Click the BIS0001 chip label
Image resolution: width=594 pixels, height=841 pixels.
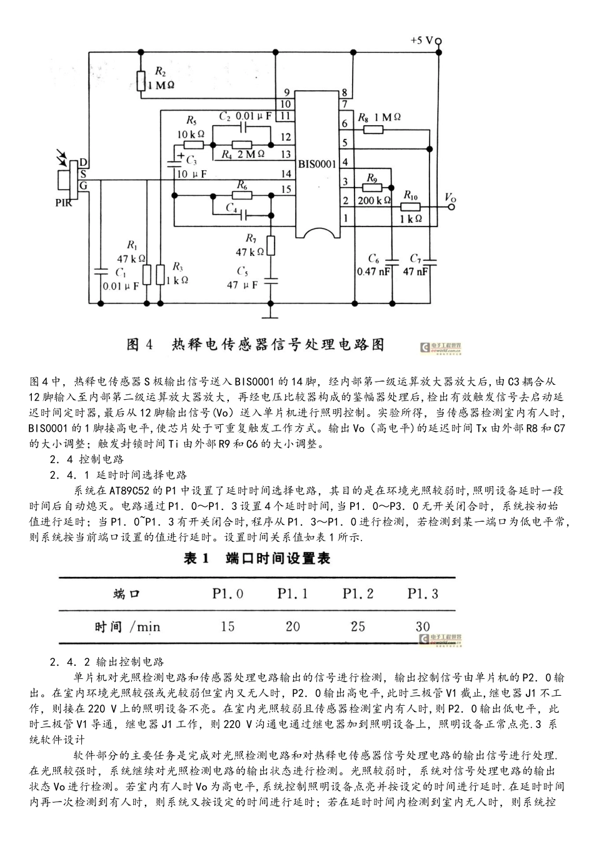pyautogui.click(x=317, y=164)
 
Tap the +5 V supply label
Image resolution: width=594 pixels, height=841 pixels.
pyautogui.click(x=422, y=39)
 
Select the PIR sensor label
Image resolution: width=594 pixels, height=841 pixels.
pyautogui.click(x=63, y=201)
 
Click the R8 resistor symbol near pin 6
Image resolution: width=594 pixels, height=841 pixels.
pyautogui.click(x=373, y=130)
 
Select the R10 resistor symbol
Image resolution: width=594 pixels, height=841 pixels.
pyautogui.click(x=410, y=207)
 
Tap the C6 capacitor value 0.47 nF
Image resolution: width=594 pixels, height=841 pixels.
pyautogui.click(x=374, y=272)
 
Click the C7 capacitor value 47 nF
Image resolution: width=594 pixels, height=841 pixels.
pyautogui.click(x=416, y=272)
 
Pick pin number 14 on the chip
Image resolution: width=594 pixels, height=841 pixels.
pyautogui.click(x=286, y=174)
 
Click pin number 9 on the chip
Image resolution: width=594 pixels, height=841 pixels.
pyautogui.click(x=286, y=93)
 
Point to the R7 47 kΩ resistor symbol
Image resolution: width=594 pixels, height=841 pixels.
pyautogui.click(x=271, y=246)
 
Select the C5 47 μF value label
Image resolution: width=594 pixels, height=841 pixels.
pyautogui.click(x=243, y=285)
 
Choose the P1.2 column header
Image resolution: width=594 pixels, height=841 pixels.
pyautogui.click(x=358, y=593)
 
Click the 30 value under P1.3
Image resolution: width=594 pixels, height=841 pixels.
pyautogui.click(x=423, y=626)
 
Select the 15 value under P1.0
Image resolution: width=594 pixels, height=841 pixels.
pyautogui.click(x=228, y=626)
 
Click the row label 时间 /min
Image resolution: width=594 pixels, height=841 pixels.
pyautogui.click(x=128, y=626)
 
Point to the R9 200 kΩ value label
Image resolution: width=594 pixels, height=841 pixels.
pyautogui.click(x=374, y=200)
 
